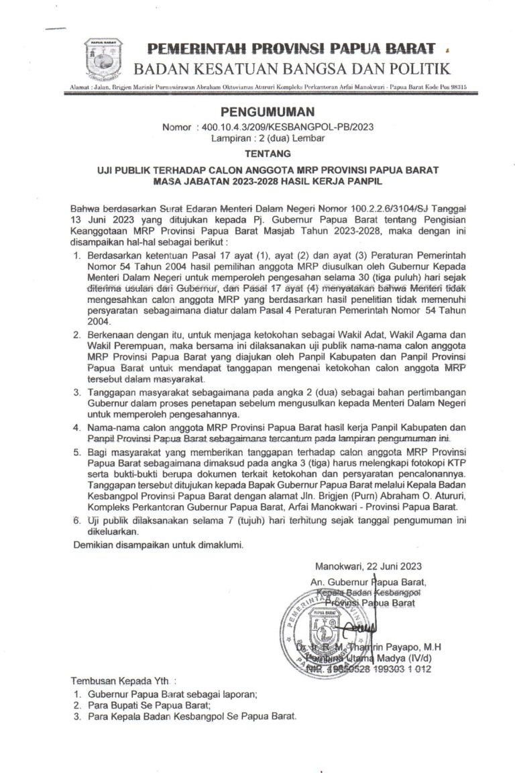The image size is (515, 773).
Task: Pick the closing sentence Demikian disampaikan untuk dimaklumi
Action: click(158, 545)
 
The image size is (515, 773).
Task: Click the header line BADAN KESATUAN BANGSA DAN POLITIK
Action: click(292, 68)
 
